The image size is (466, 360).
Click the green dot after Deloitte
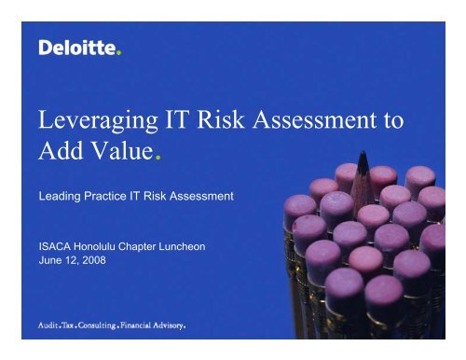[118, 53]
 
